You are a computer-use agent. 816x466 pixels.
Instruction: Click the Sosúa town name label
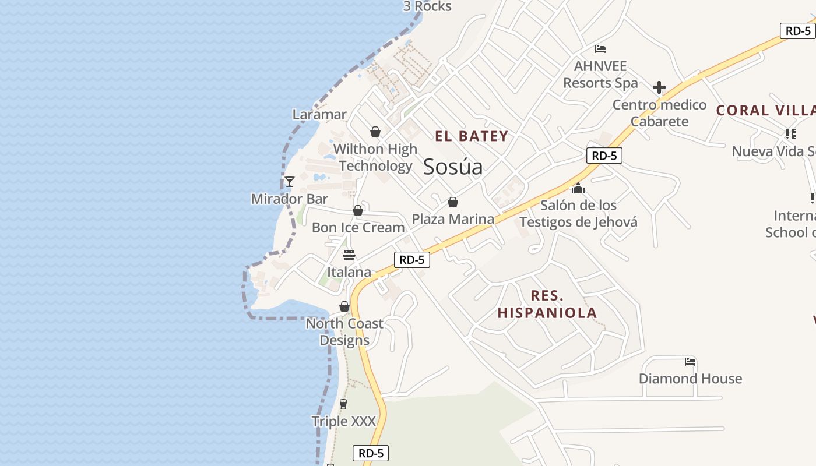(453, 167)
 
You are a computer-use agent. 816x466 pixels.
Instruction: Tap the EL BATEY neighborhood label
(472, 136)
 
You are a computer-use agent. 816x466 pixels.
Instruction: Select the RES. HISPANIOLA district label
(547, 304)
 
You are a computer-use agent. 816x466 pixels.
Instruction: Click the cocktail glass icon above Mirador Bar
(289, 182)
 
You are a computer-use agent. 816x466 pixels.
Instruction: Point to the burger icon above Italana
(349, 255)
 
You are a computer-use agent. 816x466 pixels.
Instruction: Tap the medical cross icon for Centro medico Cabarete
(659, 88)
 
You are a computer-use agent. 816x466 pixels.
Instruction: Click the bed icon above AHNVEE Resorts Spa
(600, 49)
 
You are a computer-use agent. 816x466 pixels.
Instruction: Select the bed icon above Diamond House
(690, 362)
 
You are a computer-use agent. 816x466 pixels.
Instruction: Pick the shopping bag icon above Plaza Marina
(453, 202)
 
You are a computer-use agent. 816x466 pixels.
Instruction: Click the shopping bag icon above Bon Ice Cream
(358, 210)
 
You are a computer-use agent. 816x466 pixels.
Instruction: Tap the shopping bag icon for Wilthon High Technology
(375, 132)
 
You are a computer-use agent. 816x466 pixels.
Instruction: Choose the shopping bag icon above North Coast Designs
(344, 306)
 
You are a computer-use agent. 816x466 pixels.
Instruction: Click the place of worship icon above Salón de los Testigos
(578, 188)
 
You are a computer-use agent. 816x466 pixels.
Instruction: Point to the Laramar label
(319, 114)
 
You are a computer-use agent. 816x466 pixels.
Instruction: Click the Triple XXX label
(343, 421)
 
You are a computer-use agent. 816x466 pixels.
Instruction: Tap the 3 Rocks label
(427, 6)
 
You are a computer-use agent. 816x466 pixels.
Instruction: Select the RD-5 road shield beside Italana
(412, 260)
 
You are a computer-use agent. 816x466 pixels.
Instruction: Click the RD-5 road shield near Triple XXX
(371, 453)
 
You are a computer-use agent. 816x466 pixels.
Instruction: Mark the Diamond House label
(690, 379)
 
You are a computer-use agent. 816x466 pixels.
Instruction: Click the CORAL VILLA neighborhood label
(765, 110)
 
